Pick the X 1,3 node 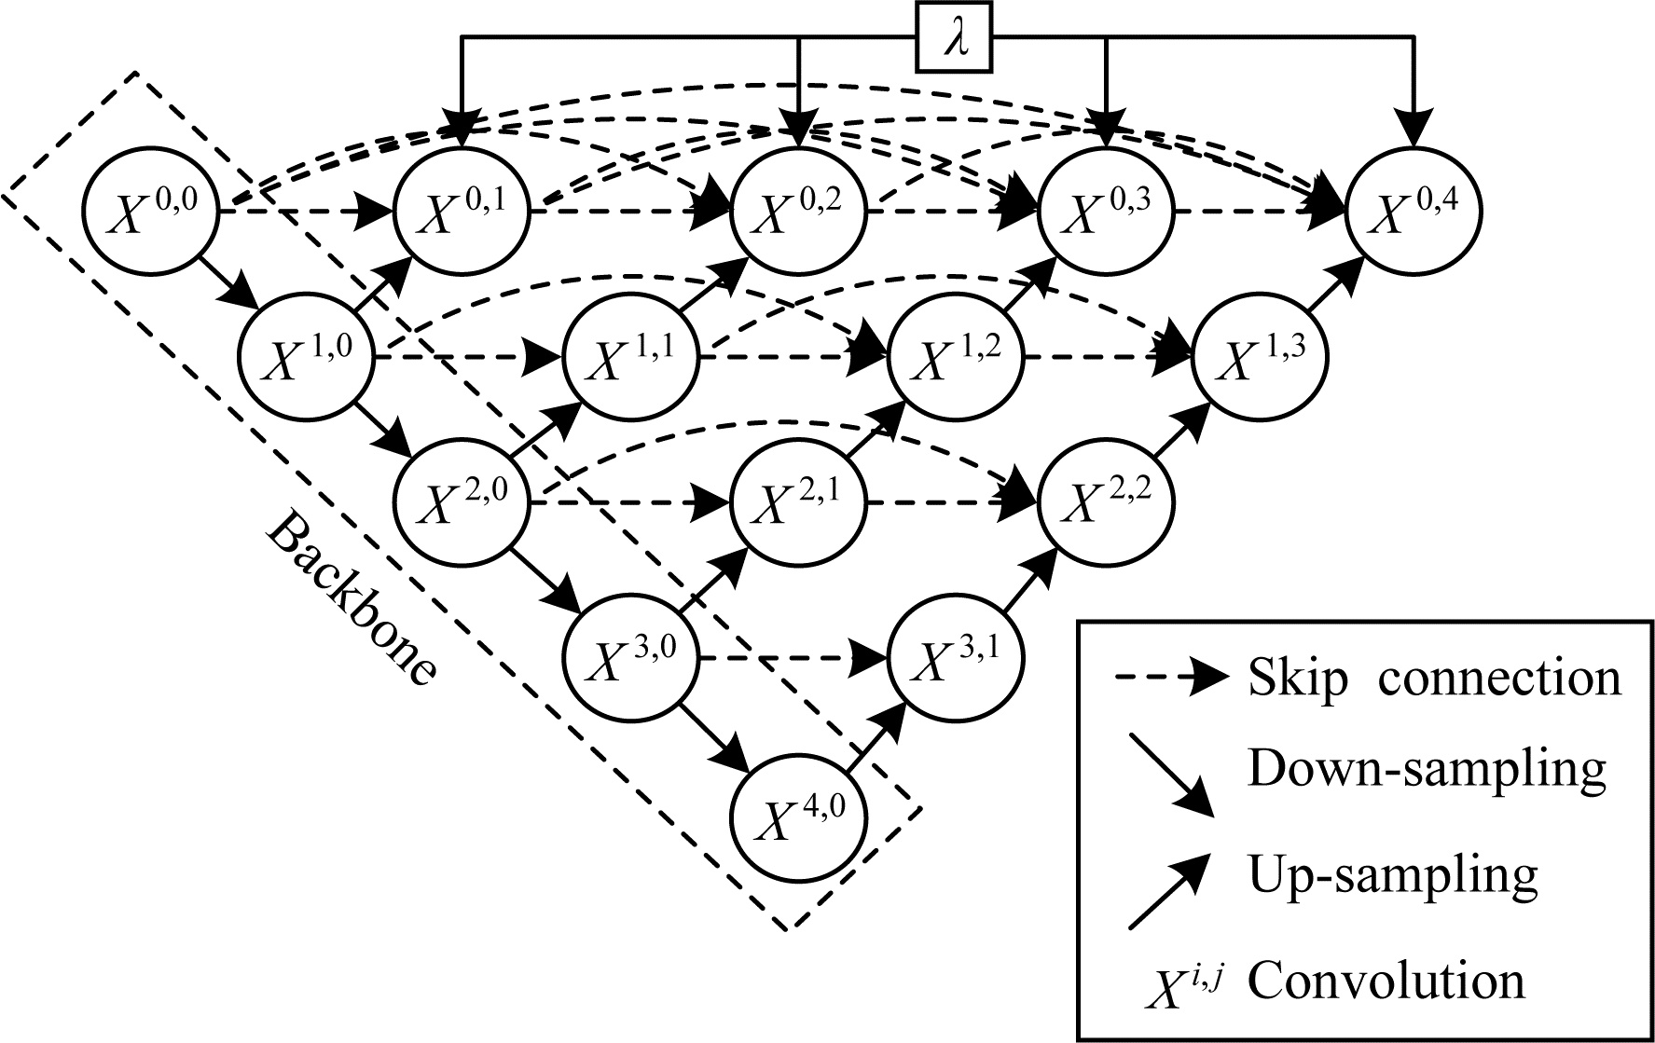pos(1261,357)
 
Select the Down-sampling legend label pos(1427,769)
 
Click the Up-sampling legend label pos(1391,874)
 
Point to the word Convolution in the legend pos(1386,981)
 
